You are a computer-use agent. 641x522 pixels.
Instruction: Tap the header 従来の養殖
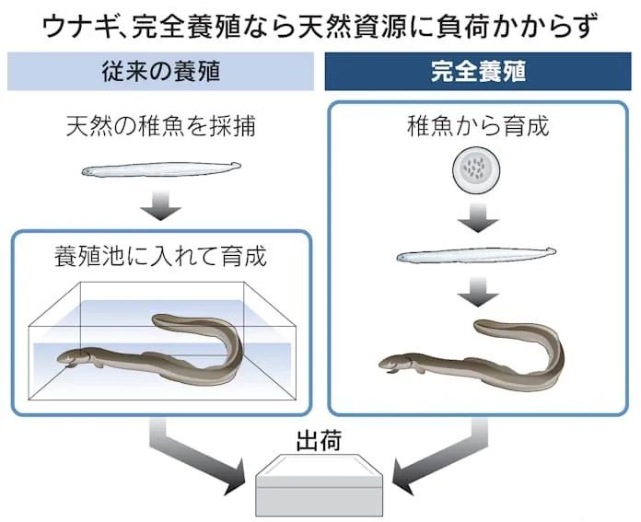[160, 71]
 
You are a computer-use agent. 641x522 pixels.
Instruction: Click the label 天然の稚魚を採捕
[160, 126]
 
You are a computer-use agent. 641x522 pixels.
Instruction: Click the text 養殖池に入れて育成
[160, 256]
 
